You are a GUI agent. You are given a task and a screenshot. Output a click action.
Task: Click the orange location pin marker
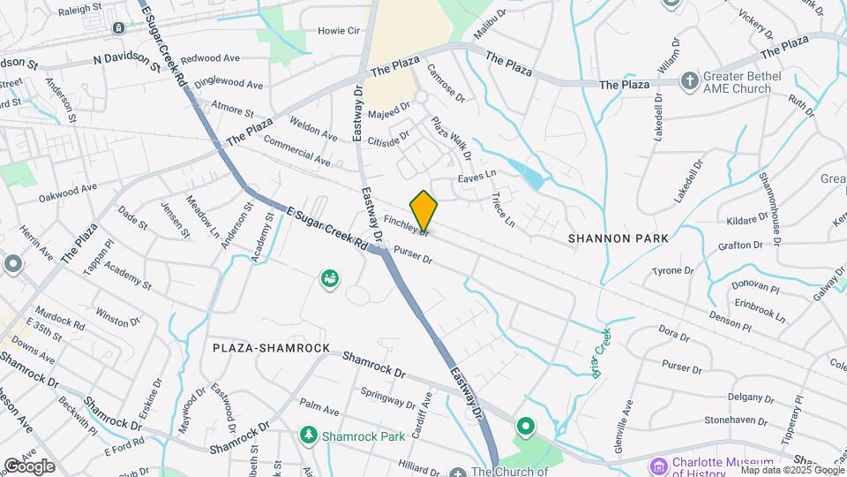423,210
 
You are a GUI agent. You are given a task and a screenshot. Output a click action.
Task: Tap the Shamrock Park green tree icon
309,435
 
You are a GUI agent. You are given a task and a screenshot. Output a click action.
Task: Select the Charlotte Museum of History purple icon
658,466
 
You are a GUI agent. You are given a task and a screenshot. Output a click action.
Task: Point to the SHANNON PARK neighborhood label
618,238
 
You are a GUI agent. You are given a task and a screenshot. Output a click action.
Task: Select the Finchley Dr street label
406,224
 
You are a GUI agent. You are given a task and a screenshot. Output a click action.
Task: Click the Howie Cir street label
340,31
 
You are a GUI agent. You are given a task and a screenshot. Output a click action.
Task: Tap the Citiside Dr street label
389,139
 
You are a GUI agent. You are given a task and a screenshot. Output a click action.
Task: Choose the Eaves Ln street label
477,179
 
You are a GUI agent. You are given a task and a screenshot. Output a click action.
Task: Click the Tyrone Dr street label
672,270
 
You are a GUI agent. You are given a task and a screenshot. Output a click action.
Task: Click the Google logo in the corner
29,466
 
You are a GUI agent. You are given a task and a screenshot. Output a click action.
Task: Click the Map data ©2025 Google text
791,470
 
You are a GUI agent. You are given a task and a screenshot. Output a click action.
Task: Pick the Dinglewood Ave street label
229,83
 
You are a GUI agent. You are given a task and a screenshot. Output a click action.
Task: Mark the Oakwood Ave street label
67,190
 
